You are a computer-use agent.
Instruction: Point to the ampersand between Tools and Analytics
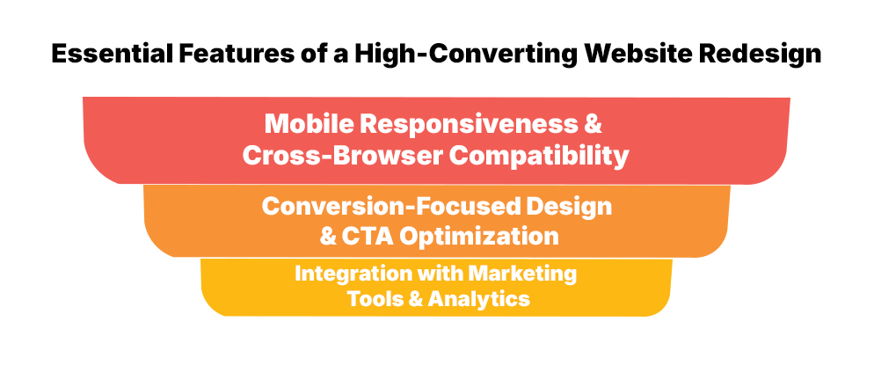click(416, 299)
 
